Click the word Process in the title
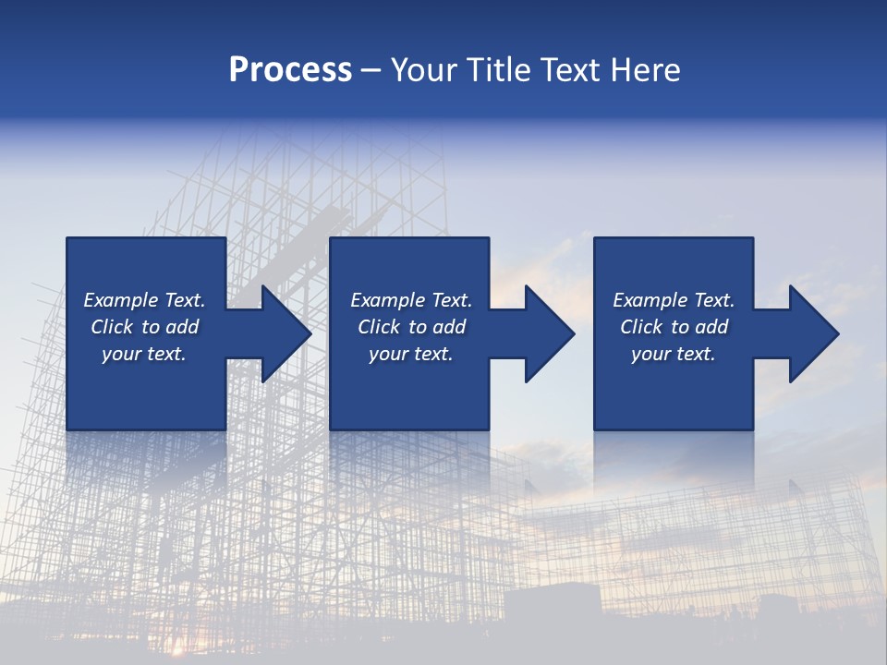coord(290,70)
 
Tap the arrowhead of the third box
coord(813,333)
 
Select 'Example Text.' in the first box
coord(144,300)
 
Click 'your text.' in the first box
coord(144,354)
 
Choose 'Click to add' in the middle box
coord(411,327)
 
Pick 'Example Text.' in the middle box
coord(411,300)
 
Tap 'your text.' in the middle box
coord(411,354)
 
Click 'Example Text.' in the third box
coord(674,300)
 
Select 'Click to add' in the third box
coord(674,327)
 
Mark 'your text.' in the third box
coord(674,354)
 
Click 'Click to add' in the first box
coord(144,327)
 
